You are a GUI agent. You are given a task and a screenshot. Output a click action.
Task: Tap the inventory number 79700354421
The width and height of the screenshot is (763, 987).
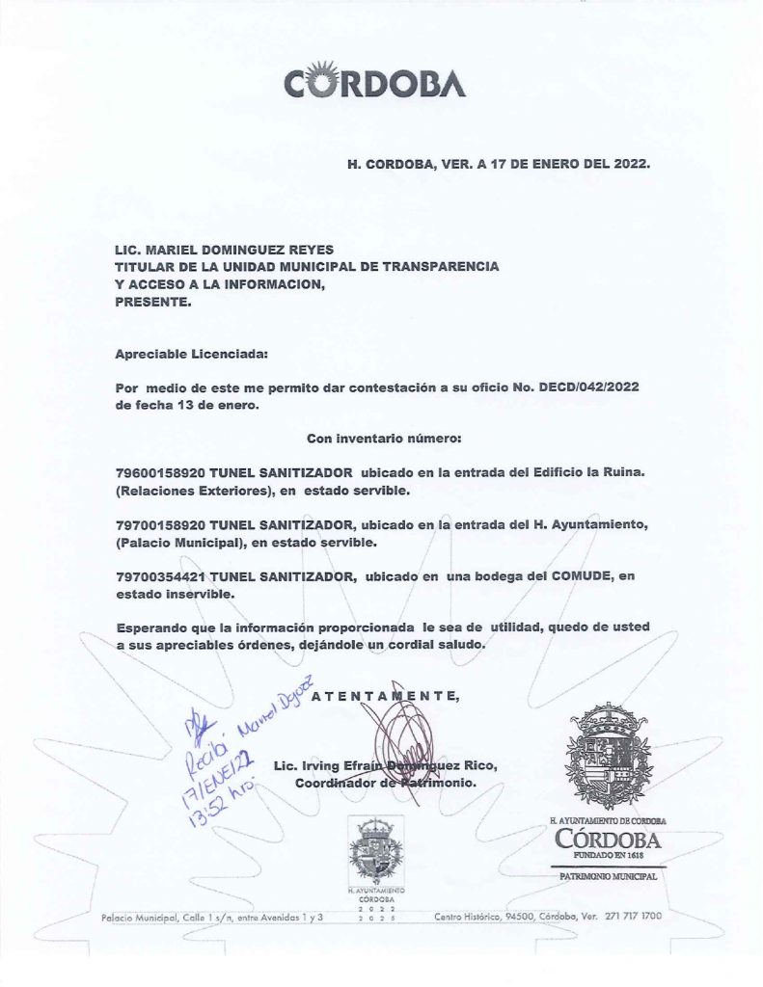[x=158, y=576]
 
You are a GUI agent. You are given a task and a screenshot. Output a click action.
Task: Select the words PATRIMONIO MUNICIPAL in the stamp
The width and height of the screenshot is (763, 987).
[x=608, y=877]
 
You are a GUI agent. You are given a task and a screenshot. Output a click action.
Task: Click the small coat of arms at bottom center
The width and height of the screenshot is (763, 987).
[x=375, y=851]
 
